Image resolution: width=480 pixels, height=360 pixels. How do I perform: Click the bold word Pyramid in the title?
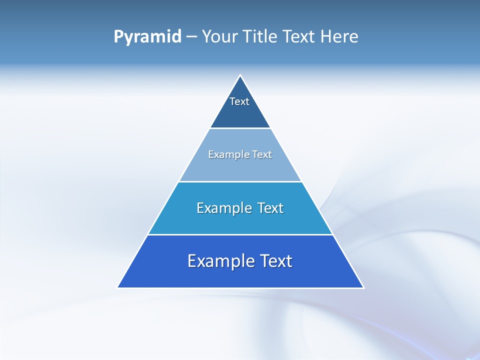147,37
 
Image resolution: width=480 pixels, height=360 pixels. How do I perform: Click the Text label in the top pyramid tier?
239,101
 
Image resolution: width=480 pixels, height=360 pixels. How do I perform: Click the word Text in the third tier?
270,208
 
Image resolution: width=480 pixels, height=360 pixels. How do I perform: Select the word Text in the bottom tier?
275,261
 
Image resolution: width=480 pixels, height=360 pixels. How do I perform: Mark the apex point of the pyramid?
240,75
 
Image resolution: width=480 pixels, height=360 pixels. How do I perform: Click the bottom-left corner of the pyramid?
118,287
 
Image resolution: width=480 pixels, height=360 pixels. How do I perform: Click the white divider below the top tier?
240,128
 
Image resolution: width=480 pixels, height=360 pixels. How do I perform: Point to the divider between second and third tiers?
240,181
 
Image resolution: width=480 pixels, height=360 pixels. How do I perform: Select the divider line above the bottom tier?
240,234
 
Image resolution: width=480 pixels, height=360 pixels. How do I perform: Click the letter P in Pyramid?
118,37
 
